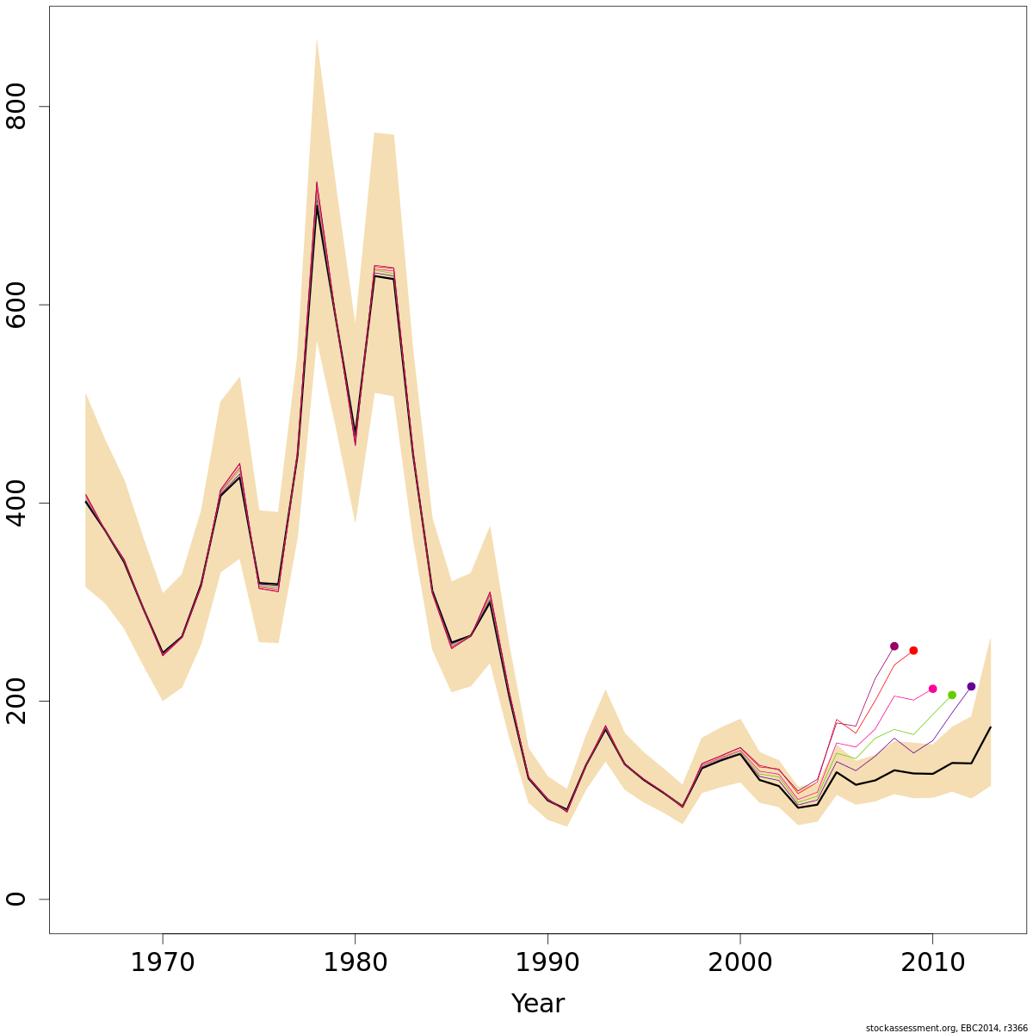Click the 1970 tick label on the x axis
pos(162,962)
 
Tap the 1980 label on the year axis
pos(355,962)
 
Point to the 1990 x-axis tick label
pos(547,962)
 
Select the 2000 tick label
pos(740,962)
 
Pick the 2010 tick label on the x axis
pos(932,962)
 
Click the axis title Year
pos(537,1004)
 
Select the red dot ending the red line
pos(913,651)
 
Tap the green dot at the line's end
pos(952,695)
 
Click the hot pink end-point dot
pos(932,689)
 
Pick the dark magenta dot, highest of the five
pos(894,646)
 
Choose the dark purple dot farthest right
pos(971,686)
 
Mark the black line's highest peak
pos(316,206)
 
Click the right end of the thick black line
pos(990,727)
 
